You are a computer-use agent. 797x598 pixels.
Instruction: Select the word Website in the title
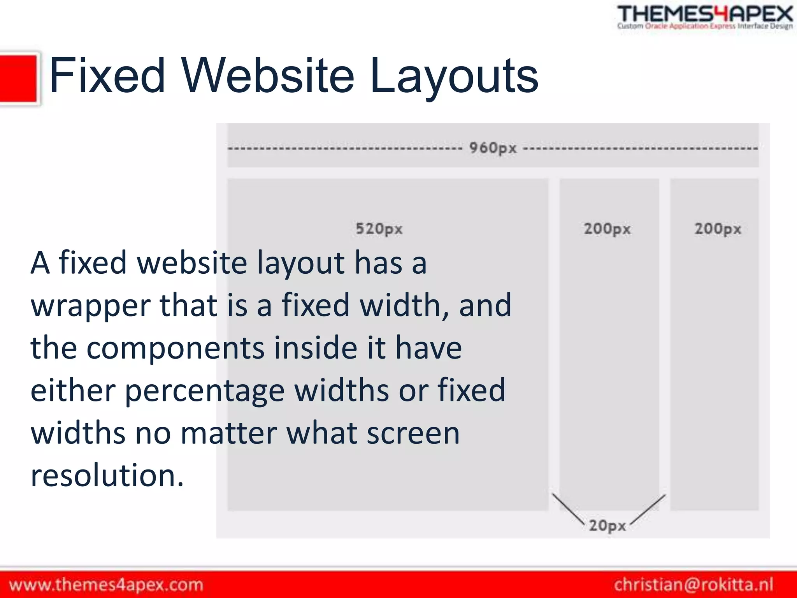268,76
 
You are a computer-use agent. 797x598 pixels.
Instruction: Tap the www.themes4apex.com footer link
106,585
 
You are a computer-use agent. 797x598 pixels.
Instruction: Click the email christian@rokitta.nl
693,585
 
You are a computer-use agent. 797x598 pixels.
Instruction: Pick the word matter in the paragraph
229,433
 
